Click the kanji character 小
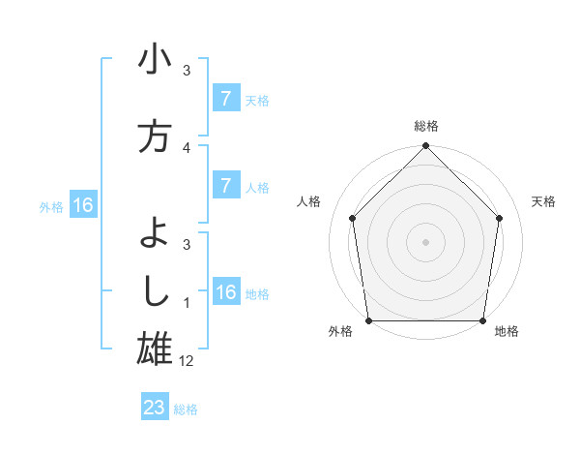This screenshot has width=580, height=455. [155, 61]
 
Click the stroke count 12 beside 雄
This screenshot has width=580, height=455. [187, 360]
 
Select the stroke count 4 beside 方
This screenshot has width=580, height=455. [187, 148]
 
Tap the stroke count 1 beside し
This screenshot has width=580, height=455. [187, 303]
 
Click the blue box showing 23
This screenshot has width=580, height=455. [155, 408]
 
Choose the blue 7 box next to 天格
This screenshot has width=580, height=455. [225, 99]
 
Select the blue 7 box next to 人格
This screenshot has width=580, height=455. [225, 186]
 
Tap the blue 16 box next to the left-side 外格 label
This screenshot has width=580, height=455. [83, 205]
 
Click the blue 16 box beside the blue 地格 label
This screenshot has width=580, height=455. [225, 292]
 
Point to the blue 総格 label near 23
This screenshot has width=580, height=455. [186, 409]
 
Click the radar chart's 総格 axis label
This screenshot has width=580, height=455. [426, 126]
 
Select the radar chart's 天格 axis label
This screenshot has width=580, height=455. [544, 201]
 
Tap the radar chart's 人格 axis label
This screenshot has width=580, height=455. [308, 201]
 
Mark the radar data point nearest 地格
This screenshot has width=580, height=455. [482, 320]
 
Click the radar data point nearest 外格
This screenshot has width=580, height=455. [368, 320]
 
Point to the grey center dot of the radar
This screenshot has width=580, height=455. [425, 241]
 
